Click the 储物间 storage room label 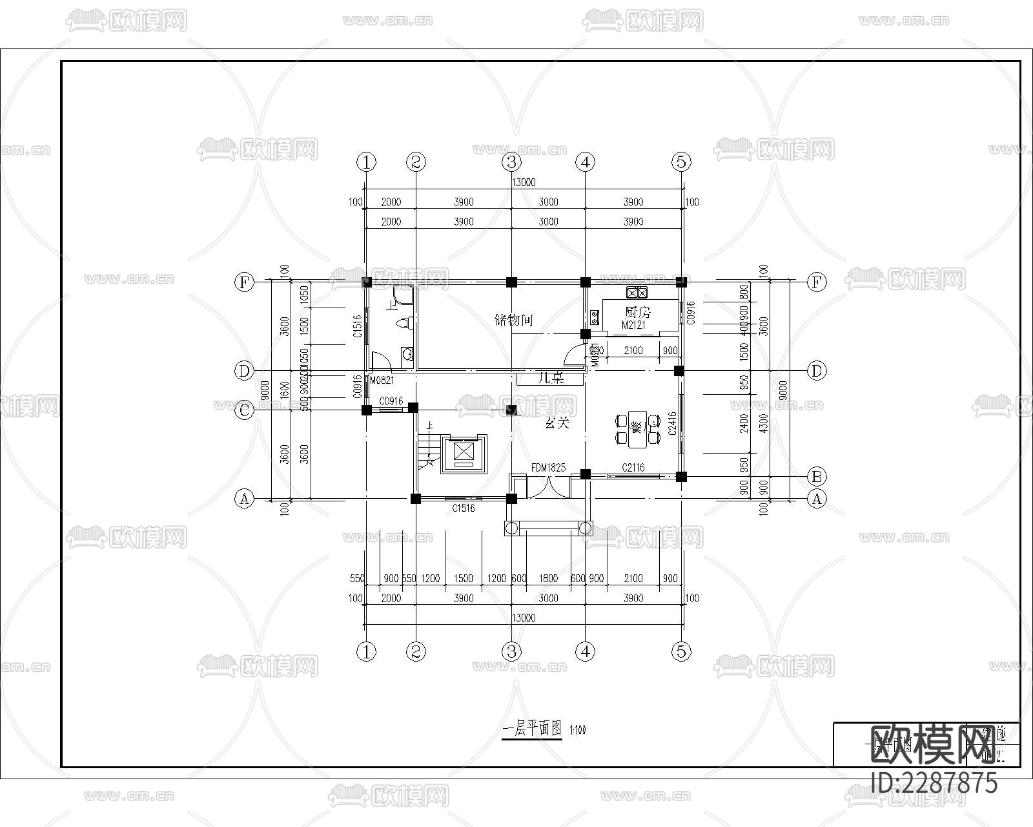pos(513,320)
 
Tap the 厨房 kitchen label pos(638,313)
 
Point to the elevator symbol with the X pos(464,451)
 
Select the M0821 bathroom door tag pos(382,381)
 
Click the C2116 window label pos(633,468)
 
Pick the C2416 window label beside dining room pos(673,423)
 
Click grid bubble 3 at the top pos(511,162)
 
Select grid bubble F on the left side pos(244,282)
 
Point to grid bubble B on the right pos(817,477)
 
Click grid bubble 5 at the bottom pos(681,652)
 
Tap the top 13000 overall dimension pos(523,183)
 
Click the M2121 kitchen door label pos(633,326)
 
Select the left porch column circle pos(511,529)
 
